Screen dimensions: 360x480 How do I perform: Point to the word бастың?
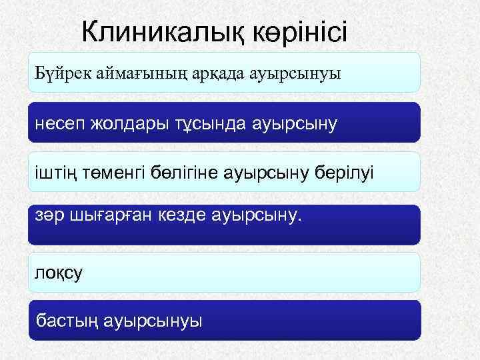(x=69, y=322)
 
